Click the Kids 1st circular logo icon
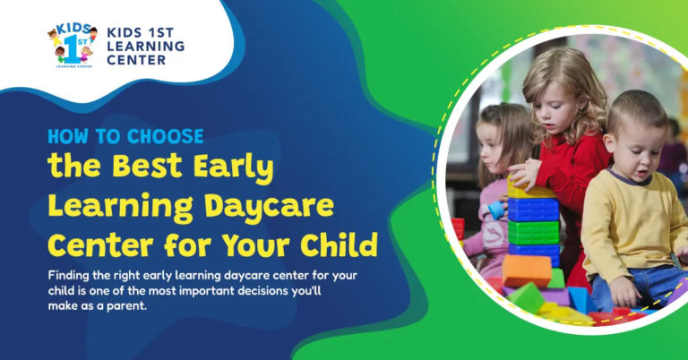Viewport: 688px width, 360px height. click(72, 44)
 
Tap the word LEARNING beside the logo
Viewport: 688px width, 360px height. click(144, 46)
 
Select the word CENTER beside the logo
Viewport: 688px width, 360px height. click(136, 60)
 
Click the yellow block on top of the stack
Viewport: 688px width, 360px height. click(530, 189)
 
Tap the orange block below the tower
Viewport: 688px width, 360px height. click(526, 270)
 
